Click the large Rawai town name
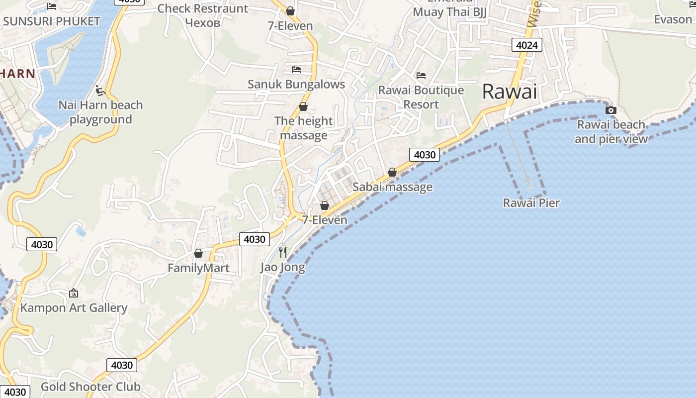[510, 92]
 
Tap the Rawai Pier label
[531, 203]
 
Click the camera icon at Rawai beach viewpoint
[611, 110]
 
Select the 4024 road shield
[526, 45]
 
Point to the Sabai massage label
[392, 187]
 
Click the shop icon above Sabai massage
[392, 172]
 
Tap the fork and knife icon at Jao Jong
[283, 252]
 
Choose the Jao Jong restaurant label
[282, 267]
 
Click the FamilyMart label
[198, 268]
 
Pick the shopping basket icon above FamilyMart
[198, 253]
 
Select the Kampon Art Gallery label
[74, 308]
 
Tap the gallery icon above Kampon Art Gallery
[74, 293]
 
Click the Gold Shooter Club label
[90, 387]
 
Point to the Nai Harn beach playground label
[100, 112]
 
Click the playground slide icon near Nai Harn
[100, 91]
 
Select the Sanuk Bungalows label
[296, 85]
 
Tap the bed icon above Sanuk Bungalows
[296, 69]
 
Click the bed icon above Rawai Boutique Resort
[421, 76]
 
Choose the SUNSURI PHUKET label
[52, 21]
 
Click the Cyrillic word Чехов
[202, 22]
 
